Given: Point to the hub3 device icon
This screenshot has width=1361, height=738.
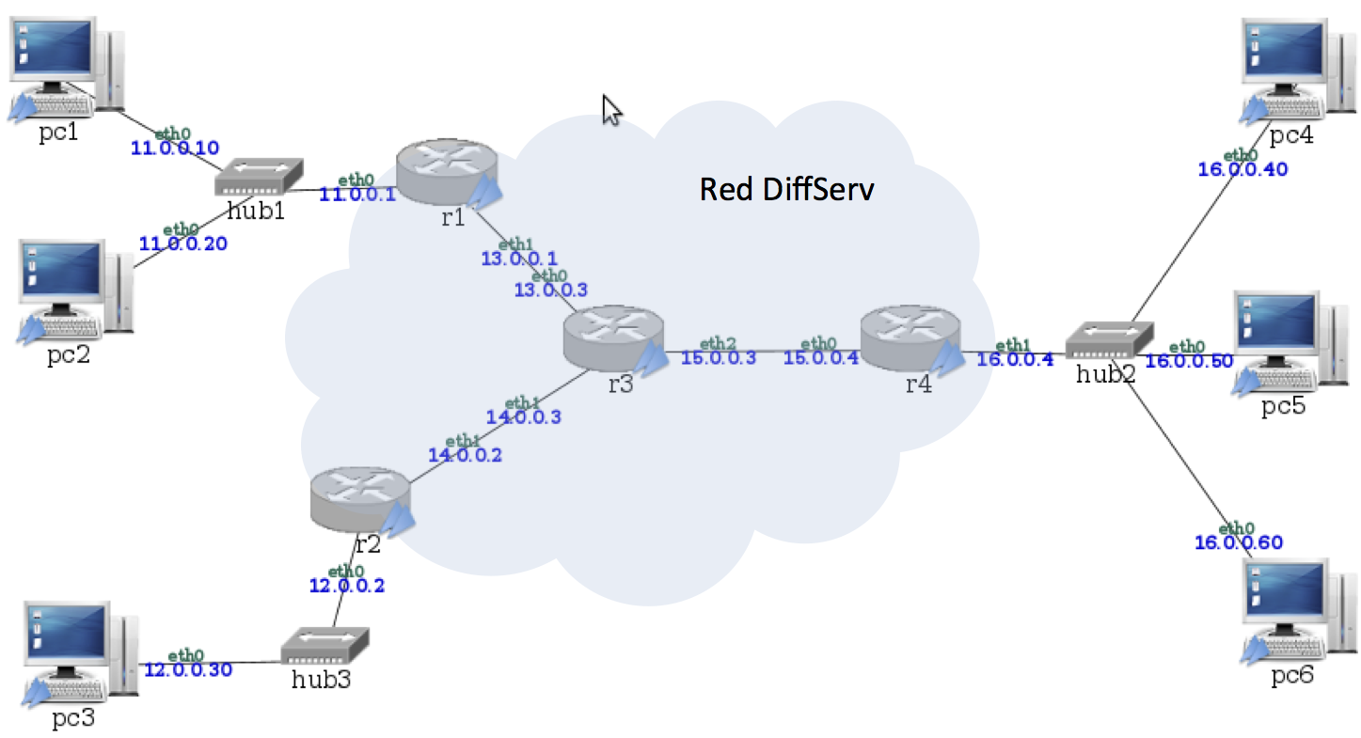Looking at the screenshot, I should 325,647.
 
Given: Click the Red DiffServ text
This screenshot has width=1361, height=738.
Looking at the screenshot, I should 786,190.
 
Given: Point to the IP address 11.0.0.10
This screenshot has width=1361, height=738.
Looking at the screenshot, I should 175,148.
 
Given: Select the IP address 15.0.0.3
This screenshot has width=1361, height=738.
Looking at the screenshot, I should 718,358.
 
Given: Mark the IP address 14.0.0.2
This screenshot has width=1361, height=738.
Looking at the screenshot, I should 465,455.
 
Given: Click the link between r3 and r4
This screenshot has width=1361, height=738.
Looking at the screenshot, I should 762,351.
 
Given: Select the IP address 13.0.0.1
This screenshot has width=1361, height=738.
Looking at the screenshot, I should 519,257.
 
